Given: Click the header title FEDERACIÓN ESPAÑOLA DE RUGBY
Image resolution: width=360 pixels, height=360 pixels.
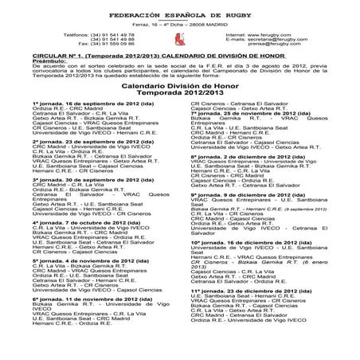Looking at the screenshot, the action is click(178, 15).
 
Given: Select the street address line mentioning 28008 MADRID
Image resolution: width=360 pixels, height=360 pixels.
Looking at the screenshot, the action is click(179, 25).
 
